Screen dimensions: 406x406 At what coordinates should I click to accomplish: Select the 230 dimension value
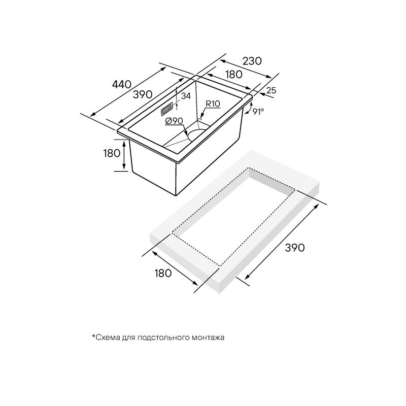click(x=252, y=61)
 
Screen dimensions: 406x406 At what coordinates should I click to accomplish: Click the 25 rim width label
click(x=271, y=90)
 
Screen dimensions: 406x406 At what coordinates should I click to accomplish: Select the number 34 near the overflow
click(x=186, y=96)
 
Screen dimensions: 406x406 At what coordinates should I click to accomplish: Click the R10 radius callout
click(x=212, y=104)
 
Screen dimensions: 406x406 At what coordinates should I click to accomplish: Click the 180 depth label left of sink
click(x=111, y=153)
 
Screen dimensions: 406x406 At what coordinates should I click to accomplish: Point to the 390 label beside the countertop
click(x=294, y=248)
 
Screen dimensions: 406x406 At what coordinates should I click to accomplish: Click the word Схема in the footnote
click(x=107, y=337)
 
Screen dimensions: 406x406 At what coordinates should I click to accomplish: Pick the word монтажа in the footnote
click(x=208, y=337)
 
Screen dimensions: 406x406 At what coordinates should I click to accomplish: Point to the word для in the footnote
click(x=129, y=337)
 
